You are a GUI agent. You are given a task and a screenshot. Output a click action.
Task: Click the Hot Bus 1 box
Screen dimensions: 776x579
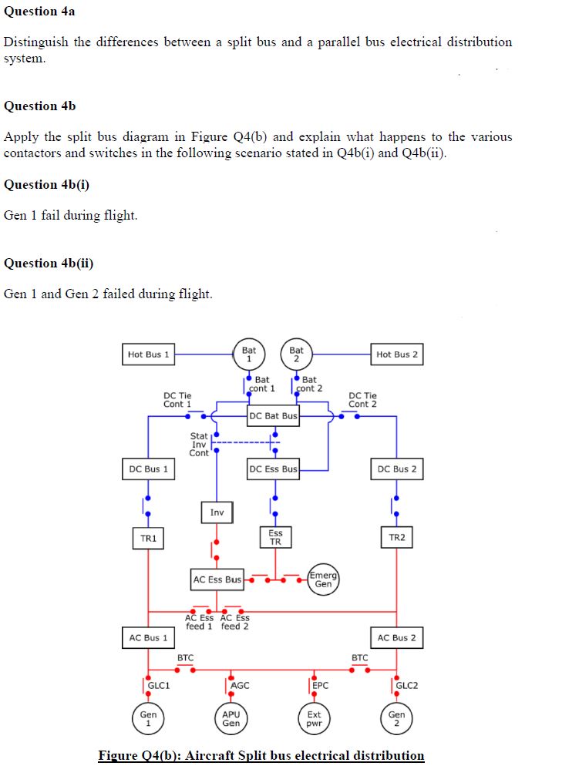(x=148, y=354)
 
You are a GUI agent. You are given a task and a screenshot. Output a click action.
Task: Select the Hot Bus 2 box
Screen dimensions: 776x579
(x=397, y=354)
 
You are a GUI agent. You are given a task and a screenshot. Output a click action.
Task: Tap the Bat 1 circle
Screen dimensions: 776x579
(x=249, y=354)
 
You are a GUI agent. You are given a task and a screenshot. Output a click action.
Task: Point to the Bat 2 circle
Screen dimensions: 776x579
(x=297, y=354)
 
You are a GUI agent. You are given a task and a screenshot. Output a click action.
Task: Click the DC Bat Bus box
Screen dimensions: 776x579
(x=273, y=416)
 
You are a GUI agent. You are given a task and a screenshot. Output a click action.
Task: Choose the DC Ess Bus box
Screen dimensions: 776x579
(x=273, y=469)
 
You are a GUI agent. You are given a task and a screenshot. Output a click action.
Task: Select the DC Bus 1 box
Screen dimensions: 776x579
(x=148, y=469)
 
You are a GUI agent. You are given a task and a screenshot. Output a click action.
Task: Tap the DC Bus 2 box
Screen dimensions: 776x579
(x=397, y=469)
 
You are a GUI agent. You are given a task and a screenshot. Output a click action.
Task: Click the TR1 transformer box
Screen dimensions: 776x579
(x=148, y=538)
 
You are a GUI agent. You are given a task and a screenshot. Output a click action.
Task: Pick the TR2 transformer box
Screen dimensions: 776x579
(x=397, y=538)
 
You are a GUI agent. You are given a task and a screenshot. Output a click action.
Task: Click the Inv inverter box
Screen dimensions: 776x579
(x=217, y=512)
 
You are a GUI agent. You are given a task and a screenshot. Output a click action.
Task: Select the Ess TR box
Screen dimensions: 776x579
(x=275, y=537)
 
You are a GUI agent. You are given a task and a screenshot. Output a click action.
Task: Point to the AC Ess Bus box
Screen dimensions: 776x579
(x=217, y=579)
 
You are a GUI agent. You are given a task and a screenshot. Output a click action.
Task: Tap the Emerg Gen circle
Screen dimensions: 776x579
(x=323, y=579)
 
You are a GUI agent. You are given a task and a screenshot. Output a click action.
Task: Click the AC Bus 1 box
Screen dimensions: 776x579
(x=148, y=638)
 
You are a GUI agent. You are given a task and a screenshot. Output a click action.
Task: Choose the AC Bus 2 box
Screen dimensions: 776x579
(x=397, y=638)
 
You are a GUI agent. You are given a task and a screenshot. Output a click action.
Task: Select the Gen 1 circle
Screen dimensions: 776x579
(x=148, y=719)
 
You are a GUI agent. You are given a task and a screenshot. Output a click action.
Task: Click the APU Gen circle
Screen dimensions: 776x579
(x=231, y=719)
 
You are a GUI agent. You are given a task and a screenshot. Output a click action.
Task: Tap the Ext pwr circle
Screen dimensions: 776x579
(x=314, y=719)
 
